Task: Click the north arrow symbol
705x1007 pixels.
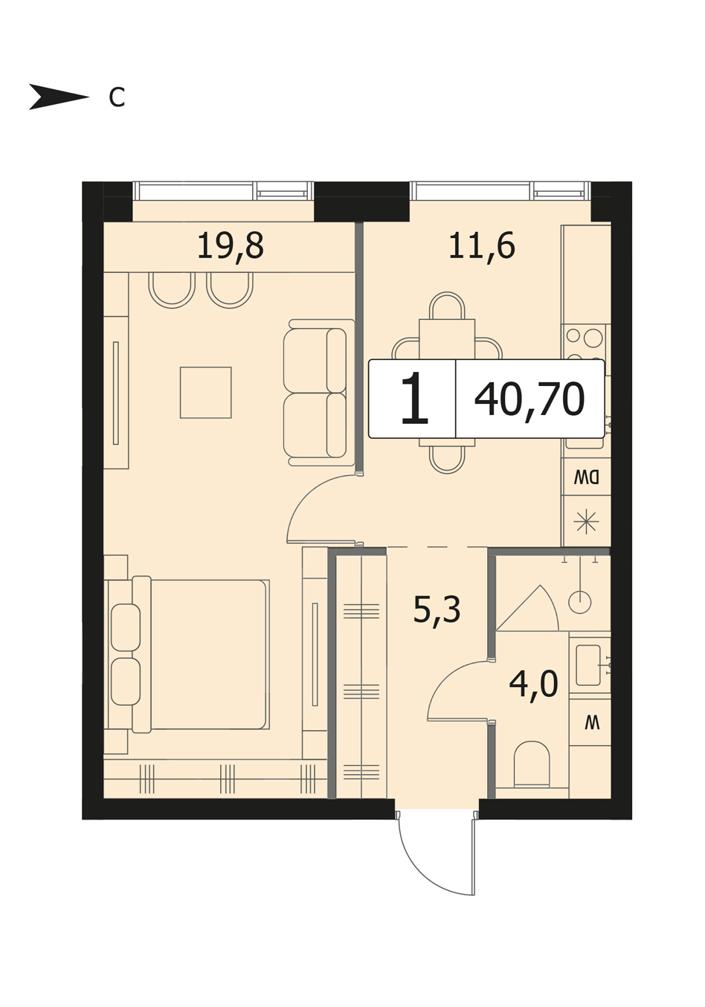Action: click(59, 97)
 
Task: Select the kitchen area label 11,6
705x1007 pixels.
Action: click(482, 246)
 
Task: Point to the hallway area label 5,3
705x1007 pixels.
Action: click(437, 611)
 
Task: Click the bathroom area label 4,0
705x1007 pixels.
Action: click(534, 683)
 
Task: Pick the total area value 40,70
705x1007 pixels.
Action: click(529, 399)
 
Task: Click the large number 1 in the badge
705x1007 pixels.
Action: click(414, 399)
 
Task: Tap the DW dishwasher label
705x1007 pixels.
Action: click(587, 477)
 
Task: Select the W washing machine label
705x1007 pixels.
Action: click(592, 724)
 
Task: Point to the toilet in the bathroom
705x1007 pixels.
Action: click(532, 765)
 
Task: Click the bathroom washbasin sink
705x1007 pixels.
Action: click(588, 665)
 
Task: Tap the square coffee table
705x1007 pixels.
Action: click(206, 393)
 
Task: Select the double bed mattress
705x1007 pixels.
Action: click(209, 654)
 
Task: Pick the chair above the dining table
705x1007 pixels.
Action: click(447, 306)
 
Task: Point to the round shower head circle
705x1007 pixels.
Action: click(580, 602)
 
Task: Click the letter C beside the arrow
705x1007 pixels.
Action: click(117, 97)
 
